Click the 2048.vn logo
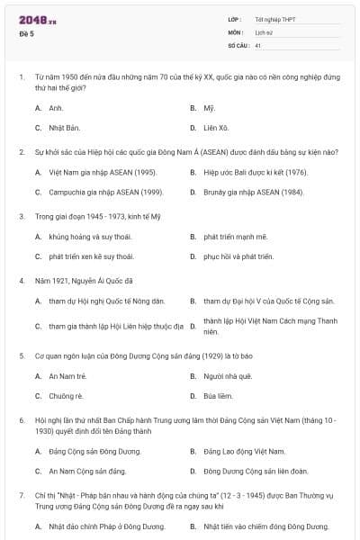37,20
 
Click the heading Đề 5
27,33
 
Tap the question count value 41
258,44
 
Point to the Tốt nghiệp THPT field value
274,19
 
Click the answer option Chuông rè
66,395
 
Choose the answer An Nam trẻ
67,375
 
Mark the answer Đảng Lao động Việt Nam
244,450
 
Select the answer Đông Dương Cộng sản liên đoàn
256,471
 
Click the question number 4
21,280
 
